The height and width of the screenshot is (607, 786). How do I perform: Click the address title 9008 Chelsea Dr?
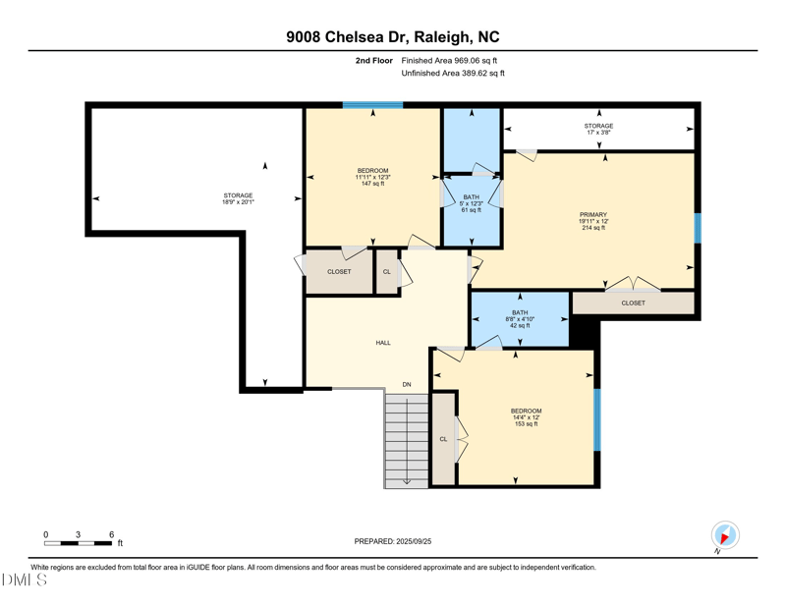click(x=392, y=37)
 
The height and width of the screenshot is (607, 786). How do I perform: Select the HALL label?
click(x=383, y=343)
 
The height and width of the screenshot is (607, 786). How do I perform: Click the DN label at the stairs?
click(x=406, y=384)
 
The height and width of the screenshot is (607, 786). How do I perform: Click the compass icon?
click(x=725, y=535)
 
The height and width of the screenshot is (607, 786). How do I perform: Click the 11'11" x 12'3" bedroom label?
click(x=372, y=177)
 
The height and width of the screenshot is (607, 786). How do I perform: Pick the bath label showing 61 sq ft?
click(x=472, y=203)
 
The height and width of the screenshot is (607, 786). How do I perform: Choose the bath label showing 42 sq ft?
click(x=520, y=319)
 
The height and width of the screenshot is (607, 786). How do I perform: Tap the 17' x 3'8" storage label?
click(x=598, y=129)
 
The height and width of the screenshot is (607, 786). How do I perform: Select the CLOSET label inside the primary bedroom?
click(x=634, y=303)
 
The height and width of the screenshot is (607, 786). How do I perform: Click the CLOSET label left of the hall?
click(x=339, y=272)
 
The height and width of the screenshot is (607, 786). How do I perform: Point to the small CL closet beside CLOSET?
click(x=387, y=272)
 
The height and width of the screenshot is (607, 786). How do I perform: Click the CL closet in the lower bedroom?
click(x=443, y=439)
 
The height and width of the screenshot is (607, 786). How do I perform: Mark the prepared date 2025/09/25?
click(x=392, y=541)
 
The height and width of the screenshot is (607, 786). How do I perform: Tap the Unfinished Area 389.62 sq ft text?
click(x=453, y=74)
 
